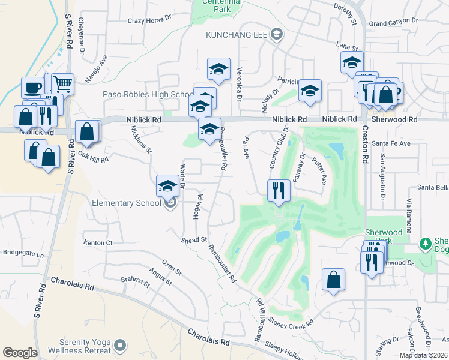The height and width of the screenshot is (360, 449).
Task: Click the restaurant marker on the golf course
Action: [x=279, y=190]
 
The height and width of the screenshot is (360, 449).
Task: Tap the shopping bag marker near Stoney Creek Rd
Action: [x=333, y=280]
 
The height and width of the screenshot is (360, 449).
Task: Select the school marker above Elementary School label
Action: [x=167, y=185]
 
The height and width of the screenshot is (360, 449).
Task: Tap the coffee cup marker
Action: [x=32, y=88]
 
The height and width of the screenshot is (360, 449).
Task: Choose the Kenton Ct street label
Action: [x=98, y=243]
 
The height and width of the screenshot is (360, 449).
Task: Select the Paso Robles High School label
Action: [x=147, y=95]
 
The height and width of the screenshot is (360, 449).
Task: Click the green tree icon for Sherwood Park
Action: [x=426, y=243]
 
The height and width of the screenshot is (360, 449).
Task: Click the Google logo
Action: [x=20, y=353]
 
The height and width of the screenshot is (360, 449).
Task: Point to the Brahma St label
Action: [x=139, y=281]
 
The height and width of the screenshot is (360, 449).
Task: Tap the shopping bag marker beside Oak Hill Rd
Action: [x=87, y=131]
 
